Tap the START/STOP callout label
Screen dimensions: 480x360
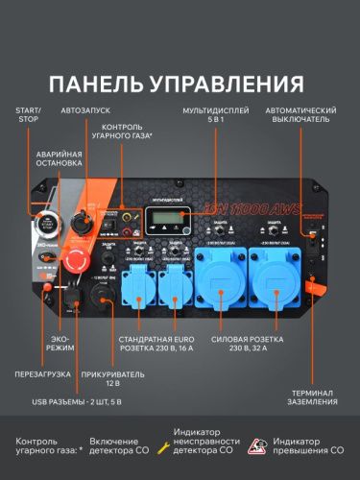pos(29,116)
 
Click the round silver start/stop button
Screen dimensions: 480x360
pos(45,226)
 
